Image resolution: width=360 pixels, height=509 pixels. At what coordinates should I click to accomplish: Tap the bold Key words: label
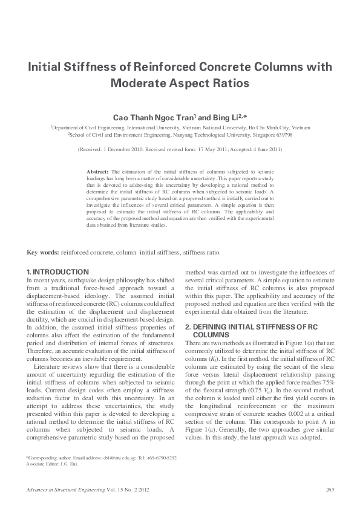click(43, 252)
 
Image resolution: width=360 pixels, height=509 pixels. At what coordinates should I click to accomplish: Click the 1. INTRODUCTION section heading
click(58, 272)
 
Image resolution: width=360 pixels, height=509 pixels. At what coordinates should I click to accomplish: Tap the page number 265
click(330, 490)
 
